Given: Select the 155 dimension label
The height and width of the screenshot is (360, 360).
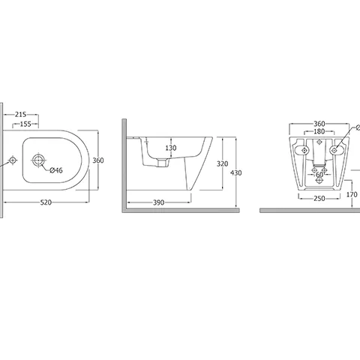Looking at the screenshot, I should [x=25, y=124].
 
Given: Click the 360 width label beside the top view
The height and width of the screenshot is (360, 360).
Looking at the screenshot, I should [x=97, y=160].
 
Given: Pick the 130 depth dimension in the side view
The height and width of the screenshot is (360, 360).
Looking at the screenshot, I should [x=171, y=148].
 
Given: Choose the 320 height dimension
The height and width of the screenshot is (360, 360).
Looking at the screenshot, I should [x=221, y=163].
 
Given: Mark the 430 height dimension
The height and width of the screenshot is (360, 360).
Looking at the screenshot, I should [x=236, y=173].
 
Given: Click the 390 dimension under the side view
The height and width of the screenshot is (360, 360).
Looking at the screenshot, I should [x=157, y=203].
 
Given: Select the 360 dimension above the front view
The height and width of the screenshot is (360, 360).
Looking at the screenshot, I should [x=319, y=123].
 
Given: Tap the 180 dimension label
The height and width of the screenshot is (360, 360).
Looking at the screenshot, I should [x=319, y=132].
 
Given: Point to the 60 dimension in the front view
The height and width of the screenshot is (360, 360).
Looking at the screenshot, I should [x=319, y=175].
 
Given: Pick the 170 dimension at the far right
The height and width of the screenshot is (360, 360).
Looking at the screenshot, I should [x=352, y=194].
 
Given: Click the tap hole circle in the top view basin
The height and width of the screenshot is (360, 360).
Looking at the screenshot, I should [x=37, y=160].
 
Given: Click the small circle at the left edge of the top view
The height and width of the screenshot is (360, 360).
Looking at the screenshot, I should [x=12, y=160].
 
